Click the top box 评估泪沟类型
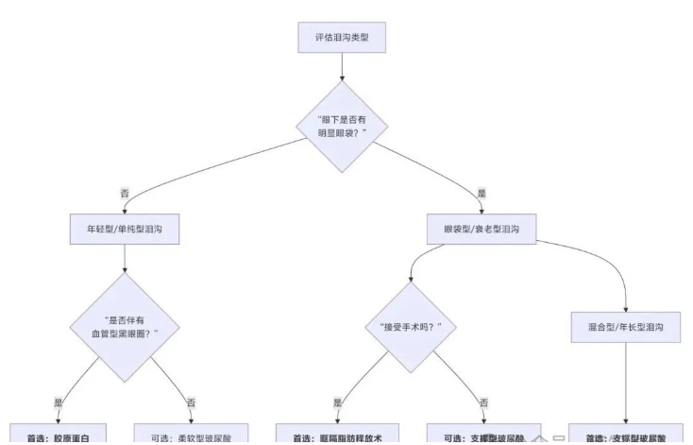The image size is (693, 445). (342, 38)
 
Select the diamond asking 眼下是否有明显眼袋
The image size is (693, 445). (342, 127)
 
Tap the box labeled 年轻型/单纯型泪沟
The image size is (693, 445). (125, 229)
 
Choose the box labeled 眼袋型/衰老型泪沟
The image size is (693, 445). (482, 229)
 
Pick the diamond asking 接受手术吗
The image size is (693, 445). (411, 327)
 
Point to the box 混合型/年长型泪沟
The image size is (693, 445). (625, 327)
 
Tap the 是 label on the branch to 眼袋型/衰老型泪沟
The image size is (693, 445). (482, 193)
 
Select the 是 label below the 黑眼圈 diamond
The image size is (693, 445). (59, 402)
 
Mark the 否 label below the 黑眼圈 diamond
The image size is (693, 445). (192, 402)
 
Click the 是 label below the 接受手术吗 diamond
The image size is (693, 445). (337, 402)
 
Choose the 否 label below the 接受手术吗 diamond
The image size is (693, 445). (484, 402)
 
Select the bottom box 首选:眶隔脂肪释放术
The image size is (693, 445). (337, 436)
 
